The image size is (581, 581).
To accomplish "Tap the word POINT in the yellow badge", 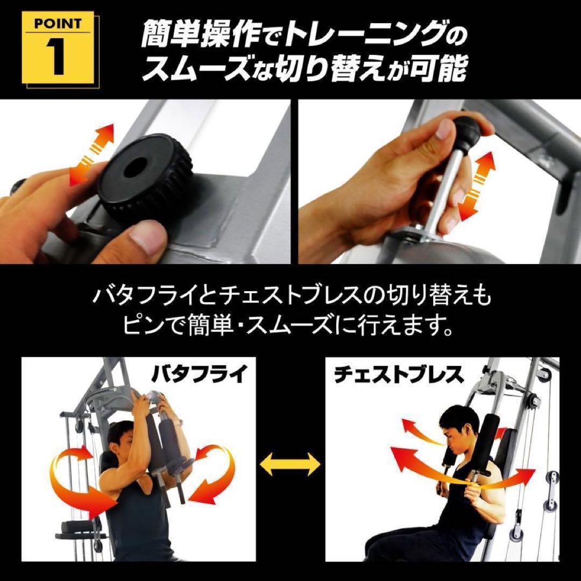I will point(58,24).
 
